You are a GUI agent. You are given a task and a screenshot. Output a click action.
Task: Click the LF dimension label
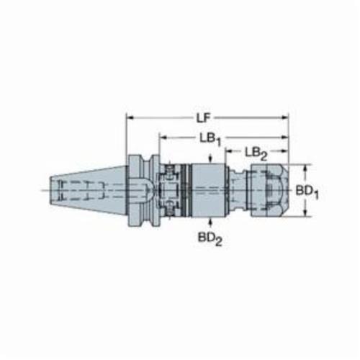coord(203,118)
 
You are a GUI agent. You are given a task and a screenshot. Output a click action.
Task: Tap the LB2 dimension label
coord(256,153)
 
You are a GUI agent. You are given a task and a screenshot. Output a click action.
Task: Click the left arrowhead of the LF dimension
coord(130,117)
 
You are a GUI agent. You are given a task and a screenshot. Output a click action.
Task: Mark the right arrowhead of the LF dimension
coord(285,117)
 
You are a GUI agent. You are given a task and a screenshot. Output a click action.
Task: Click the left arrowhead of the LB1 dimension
coord(163,138)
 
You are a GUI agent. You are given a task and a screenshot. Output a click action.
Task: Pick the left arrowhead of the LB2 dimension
coord(229,151)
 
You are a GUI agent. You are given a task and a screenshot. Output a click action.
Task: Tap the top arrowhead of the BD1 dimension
coord(305,168)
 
